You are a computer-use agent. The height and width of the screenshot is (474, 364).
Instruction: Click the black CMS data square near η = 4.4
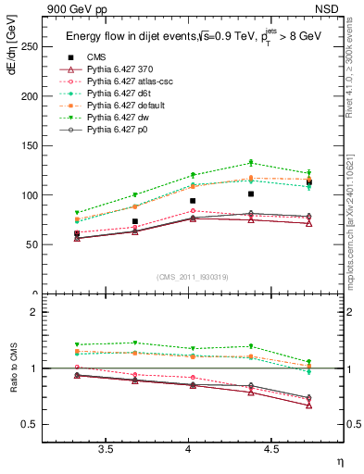[x=251, y=194]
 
